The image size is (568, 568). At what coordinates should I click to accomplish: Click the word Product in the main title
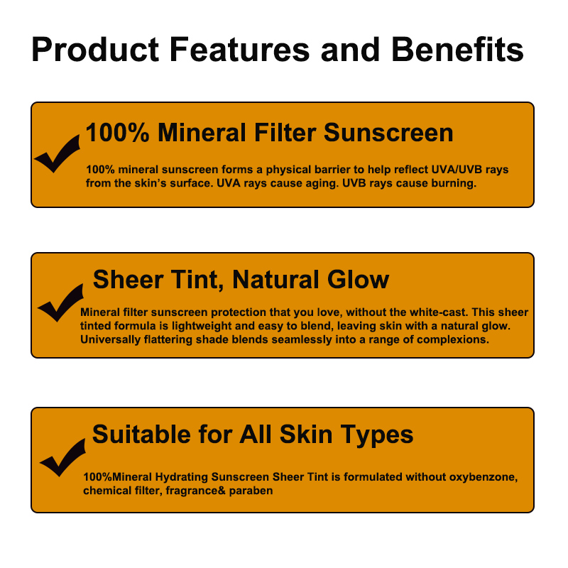(x=95, y=49)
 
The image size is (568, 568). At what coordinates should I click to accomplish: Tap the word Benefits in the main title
(x=457, y=49)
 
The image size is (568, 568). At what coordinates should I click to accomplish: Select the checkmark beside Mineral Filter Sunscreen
(x=58, y=153)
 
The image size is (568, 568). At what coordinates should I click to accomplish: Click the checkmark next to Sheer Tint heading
(x=60, y=303)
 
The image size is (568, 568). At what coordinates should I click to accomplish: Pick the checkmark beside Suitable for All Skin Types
(x=62, y=457)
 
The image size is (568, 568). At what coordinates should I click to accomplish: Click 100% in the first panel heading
(x=117, y=132)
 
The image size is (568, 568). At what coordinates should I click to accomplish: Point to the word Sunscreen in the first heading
(x=388, y=132)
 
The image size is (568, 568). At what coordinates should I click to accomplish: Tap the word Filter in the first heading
(x=285, y=132)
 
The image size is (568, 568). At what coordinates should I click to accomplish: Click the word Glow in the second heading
(x=358, y=280)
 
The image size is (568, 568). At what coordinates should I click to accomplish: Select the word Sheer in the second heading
(x=128, y=280)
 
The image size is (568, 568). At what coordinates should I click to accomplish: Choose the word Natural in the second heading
(x=275, y=280)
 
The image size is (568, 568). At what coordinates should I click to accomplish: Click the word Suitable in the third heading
(x=141, y=434)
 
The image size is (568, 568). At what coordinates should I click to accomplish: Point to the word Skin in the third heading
(x=306, y=434)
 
